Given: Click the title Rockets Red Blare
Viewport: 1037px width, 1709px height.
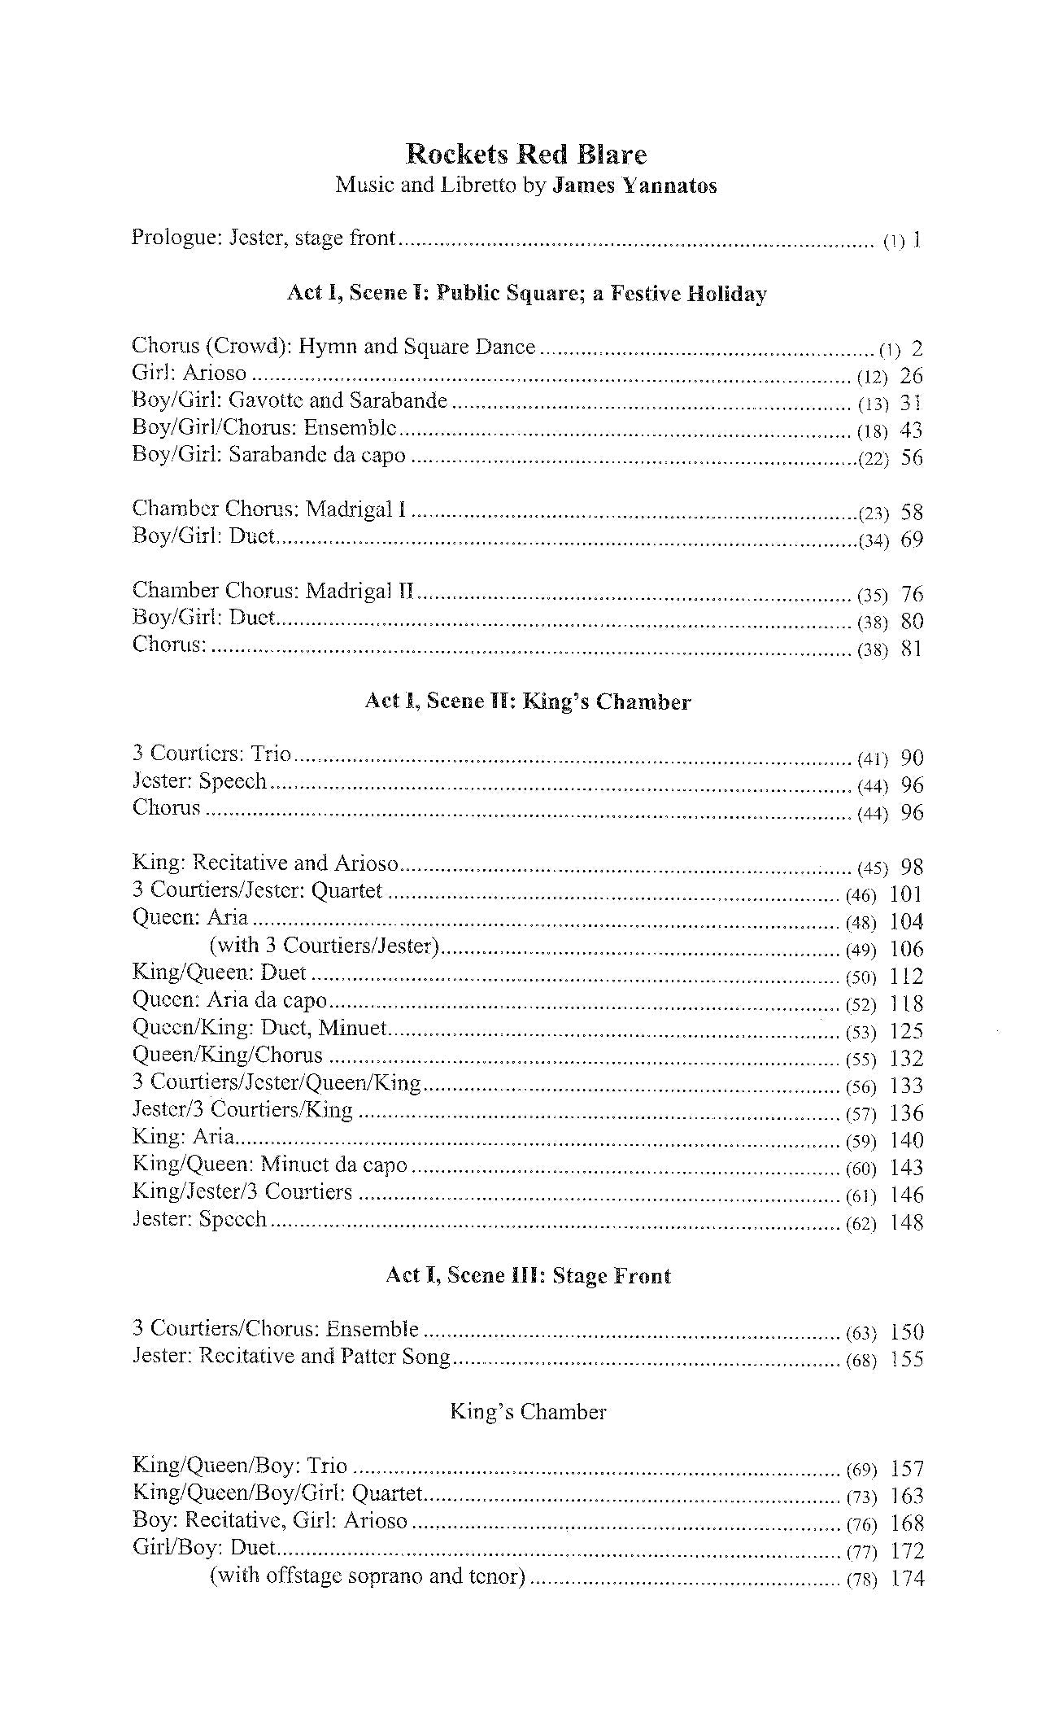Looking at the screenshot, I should click(526, 154).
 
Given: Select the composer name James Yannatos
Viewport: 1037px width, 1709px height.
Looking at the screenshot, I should click(634, 186).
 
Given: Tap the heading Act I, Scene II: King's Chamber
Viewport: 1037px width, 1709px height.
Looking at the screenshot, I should click(527, 702).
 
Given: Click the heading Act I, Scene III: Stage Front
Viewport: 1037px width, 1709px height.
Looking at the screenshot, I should click(528, 1275).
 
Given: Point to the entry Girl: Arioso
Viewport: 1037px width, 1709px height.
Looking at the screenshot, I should click(189, 374).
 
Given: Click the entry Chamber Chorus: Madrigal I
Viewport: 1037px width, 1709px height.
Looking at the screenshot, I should click(269, 510).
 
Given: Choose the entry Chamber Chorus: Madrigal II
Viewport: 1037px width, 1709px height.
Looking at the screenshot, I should click(274, 592).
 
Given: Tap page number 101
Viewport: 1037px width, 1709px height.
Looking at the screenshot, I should click(907, 894).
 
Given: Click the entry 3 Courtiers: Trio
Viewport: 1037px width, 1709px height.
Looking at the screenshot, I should click(211, 754).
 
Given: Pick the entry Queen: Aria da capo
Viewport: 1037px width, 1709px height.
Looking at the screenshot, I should click(229, 1000).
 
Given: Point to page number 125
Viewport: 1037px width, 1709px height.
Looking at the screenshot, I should click(907, 1031).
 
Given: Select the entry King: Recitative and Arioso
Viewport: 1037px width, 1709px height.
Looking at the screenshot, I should click(265, 863).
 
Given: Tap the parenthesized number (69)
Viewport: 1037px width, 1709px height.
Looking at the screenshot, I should click(861, 1470).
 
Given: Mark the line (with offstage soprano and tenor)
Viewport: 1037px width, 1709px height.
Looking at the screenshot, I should click(367, 1576).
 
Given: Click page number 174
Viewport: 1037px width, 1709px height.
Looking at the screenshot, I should click(908, 1579).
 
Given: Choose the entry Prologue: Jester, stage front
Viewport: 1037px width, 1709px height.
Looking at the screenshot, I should click(264, 238).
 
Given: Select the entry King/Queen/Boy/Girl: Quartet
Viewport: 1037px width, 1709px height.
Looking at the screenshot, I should click(277, 1494).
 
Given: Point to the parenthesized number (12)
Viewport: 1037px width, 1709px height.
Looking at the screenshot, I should click(873, 377).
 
